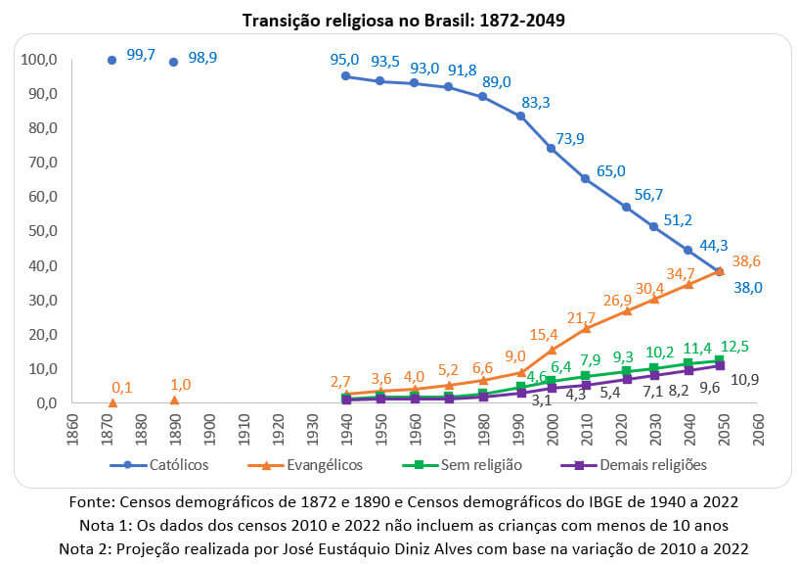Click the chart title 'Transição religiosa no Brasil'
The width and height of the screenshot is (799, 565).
(399, 20)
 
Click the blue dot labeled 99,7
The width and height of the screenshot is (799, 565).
(111, 60)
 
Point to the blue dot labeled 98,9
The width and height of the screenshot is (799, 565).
(173, 62)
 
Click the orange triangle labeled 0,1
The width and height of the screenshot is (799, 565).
(112, 402)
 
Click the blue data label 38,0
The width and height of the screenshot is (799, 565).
(748, 287)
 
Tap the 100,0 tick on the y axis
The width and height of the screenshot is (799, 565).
(39, 60)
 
